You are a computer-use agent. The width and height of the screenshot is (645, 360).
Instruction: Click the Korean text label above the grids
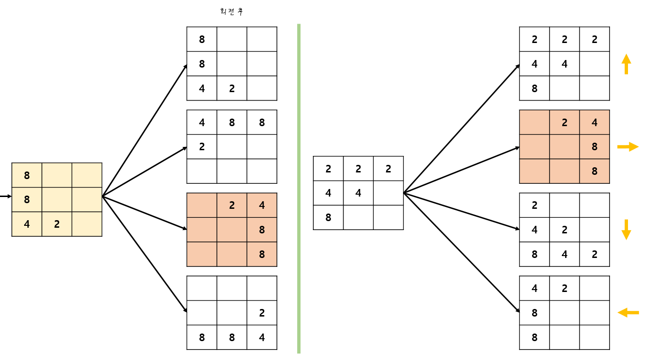(x=232, y=12)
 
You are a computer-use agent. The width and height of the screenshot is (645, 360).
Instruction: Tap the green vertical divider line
(x=299, y=189)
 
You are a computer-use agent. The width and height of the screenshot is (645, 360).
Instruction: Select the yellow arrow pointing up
(x=626, y=64)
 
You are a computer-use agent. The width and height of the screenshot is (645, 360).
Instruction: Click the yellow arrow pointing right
(x=628, y=147)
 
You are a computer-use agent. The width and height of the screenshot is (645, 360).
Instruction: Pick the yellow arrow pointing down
(x=626, y=230)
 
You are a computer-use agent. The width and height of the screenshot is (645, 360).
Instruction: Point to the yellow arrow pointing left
(x=628, y=312)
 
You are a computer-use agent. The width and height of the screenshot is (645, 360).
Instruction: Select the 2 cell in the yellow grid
(x=57, y=224)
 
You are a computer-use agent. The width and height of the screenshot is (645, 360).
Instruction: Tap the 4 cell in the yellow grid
(x=26, y=224)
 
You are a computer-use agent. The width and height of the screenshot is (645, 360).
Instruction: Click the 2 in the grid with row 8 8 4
(x=262, y=313)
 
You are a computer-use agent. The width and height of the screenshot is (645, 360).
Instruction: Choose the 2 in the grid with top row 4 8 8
(x=202, y=146)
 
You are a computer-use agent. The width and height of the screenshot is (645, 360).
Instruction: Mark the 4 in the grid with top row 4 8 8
(x=202, y=123)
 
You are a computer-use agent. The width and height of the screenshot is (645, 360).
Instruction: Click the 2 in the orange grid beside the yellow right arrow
(x=564, y=123)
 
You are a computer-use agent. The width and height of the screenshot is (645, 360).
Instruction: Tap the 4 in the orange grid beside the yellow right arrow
(x=594, y=123)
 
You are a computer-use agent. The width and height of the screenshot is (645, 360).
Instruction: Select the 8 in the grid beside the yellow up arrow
(x=534, y=88)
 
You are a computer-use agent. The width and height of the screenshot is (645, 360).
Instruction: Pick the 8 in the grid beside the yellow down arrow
(x=534, y=254)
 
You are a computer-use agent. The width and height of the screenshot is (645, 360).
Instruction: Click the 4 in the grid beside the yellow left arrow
(x=534, y=288)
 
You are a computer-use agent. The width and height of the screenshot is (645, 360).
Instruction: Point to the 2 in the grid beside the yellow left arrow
(x=564, y=288)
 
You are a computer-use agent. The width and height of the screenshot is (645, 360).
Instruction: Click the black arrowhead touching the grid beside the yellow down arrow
(x=516, y=229)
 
